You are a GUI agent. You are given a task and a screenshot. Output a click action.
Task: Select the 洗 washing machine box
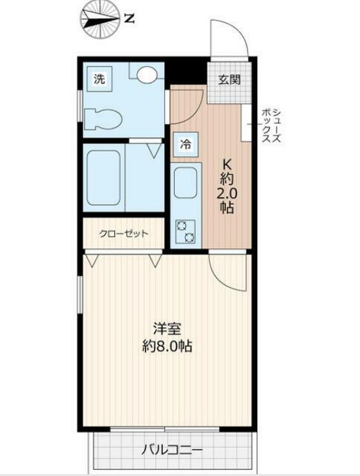click(100, 79)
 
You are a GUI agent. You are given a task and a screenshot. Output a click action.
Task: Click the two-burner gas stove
click(185, 232)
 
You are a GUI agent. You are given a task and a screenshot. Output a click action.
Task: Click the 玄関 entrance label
click(230, 78)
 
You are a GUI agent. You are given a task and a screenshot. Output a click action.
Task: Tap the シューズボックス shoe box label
click(271, 126)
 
